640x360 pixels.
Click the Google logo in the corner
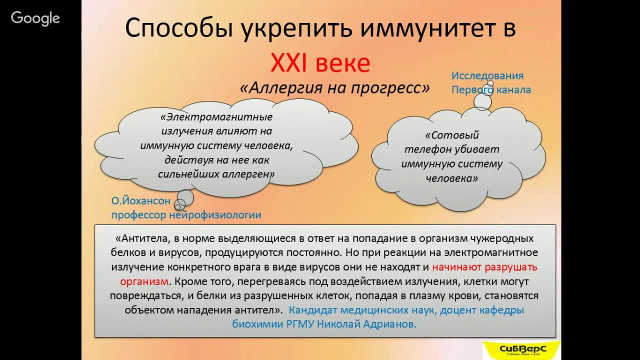click(35, 18)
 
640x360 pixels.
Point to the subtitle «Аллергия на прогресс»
click(334, 87)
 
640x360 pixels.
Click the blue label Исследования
click(487, 76)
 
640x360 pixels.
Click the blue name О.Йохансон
click(140, 201)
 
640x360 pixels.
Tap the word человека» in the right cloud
click(451, 178)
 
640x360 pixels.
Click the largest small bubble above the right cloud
click(482, 101)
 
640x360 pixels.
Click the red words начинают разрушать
click(484, 267)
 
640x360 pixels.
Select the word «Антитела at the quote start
click(139, 238)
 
